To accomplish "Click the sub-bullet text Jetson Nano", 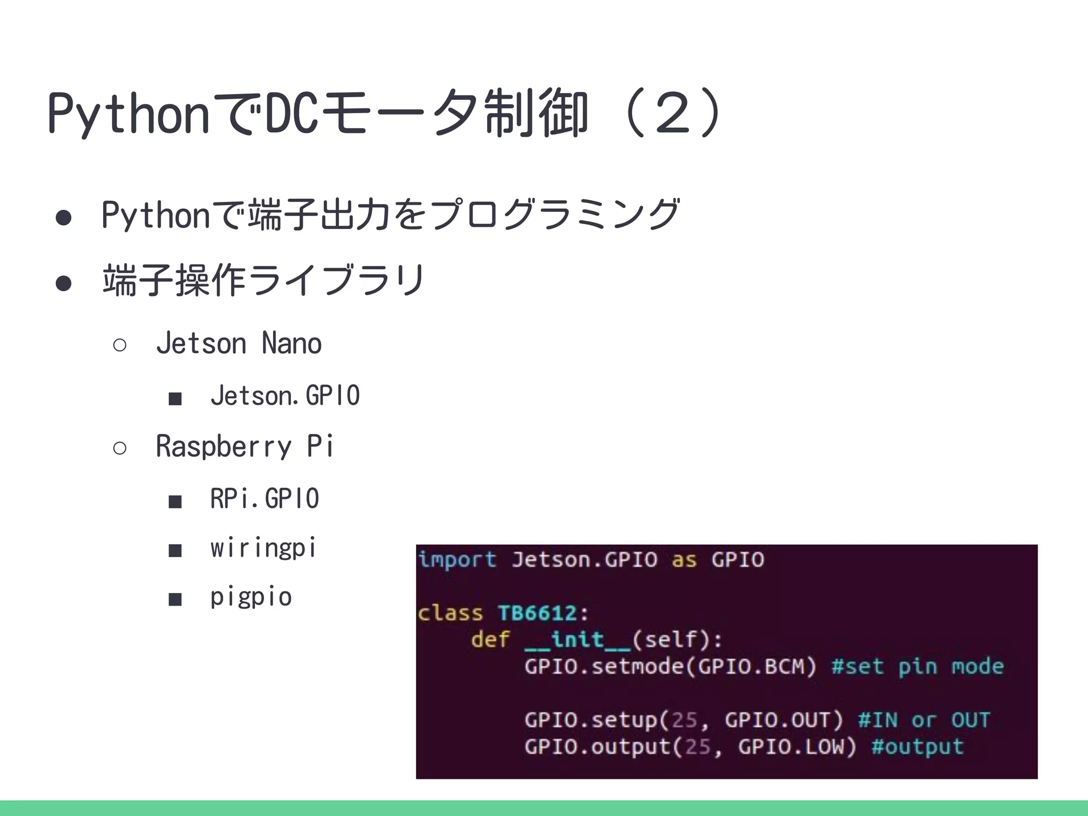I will (x=239, y=343).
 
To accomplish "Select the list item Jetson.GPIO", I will (x=285, y=396).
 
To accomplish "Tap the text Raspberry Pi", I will (x=244, y=446).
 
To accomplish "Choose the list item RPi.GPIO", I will (x=265, y=499).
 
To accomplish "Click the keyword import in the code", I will (x=457, y=560).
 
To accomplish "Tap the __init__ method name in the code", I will (x=577, y=640).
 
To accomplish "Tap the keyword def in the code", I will (x=490, y=640).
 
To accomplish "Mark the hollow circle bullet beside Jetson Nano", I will (x=120, y=345).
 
